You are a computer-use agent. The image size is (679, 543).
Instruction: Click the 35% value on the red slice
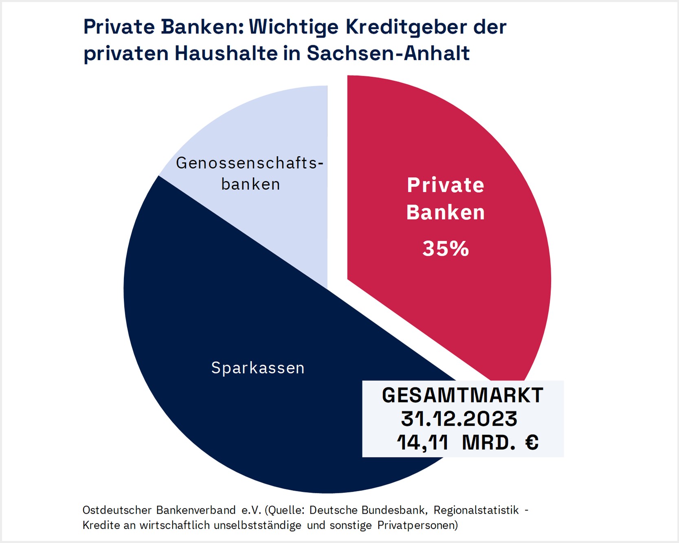click(x=446, y=248)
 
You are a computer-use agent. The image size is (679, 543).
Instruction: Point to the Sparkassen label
click(x=257, y=368)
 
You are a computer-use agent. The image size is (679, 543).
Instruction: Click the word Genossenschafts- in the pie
click(x=250, y=163)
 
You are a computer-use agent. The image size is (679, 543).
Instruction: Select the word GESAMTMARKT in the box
click(x=462, y=395)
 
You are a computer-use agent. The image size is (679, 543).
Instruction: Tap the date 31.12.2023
click(x=459, y=419)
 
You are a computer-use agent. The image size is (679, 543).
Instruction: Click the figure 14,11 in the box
click(x=422, y=442)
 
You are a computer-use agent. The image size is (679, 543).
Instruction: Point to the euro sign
click(x=532, y=442)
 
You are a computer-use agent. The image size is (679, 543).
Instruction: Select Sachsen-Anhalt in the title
click(x=388, y=53)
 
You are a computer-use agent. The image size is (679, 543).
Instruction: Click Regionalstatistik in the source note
click(x=476, y=510)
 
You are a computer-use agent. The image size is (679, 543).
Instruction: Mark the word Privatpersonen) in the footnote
click(x=418, y=525)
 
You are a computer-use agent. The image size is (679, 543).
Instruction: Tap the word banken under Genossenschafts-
click(x=251, y=184)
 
